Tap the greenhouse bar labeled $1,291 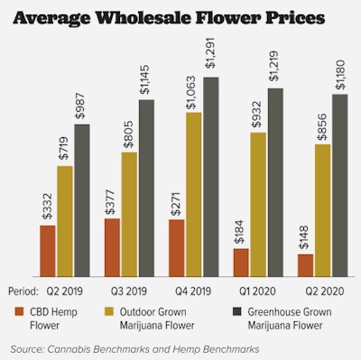[x=211, y=176]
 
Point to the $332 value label [x=47, y=208]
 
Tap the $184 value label [x=241, y=232]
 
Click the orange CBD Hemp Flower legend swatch [x=18, y=311]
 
